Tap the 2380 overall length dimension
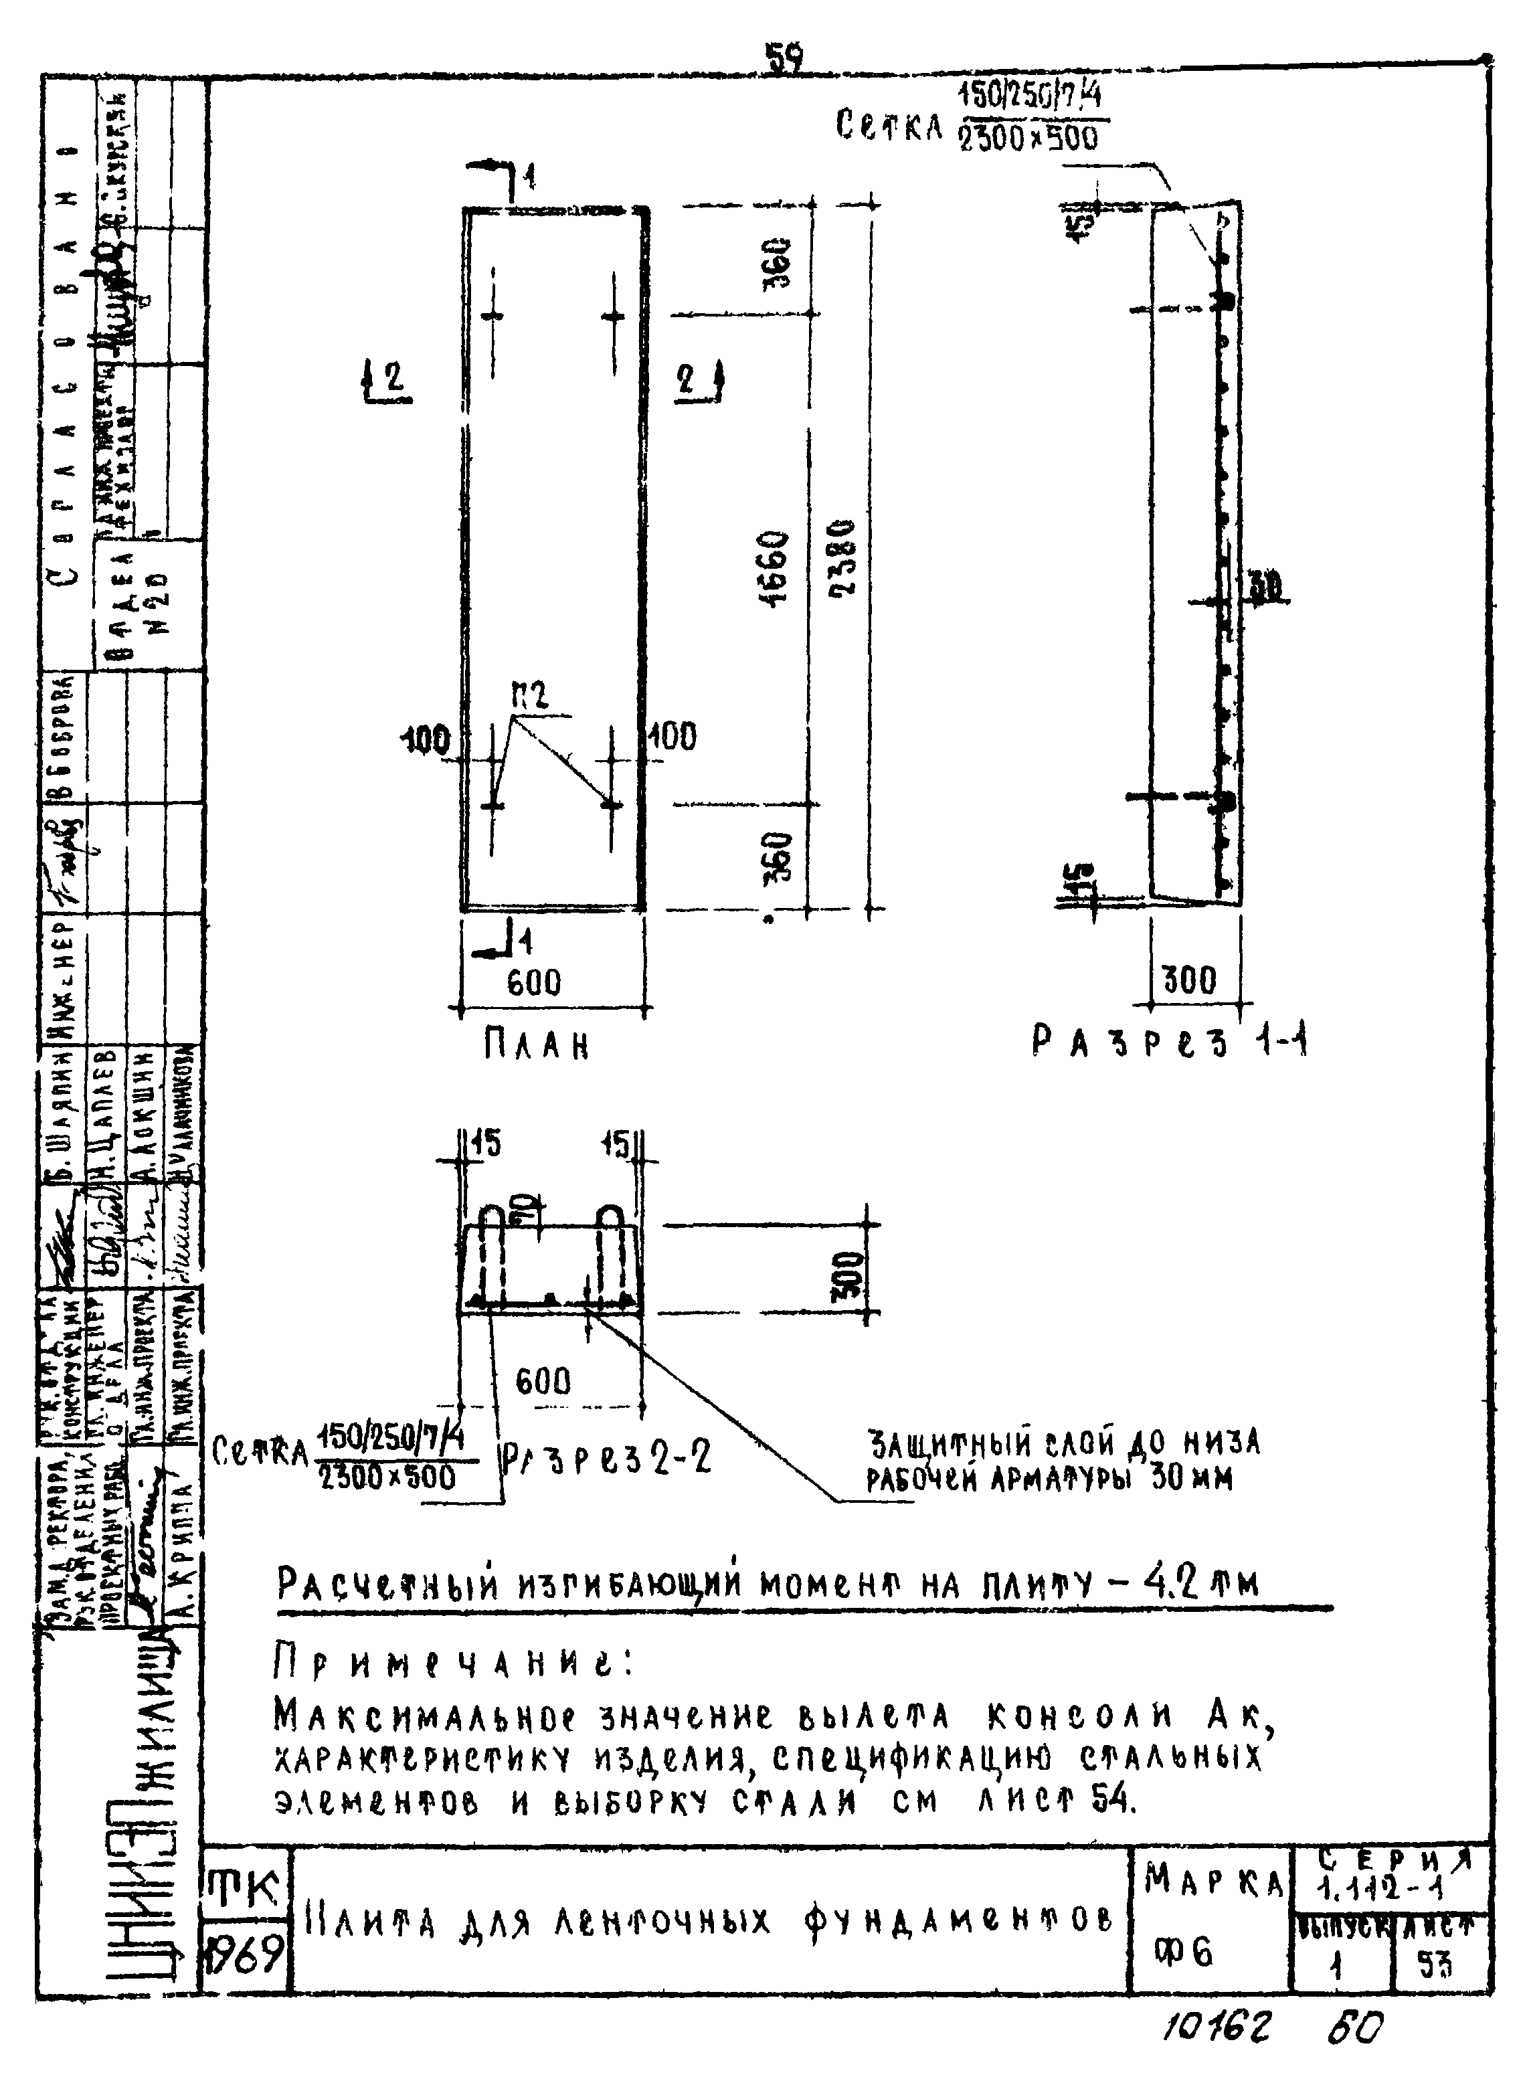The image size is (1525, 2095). (843, 558)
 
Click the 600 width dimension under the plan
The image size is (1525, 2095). (534, 981)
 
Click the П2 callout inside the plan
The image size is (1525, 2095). (529, 695)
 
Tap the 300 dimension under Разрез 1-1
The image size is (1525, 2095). (1190, 979)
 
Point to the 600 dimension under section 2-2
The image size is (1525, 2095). (543, 1381)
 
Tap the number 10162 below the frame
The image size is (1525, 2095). (1217, 2027)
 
